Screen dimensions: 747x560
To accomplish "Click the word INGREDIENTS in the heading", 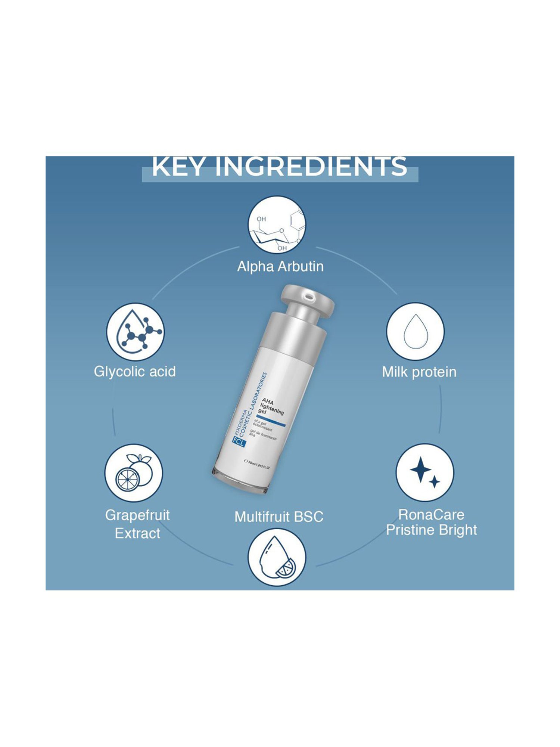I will [x=311, y=167].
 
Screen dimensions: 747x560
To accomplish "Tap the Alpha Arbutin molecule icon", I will [x=277, y=224].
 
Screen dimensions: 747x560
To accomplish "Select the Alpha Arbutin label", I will [x=280, y=267].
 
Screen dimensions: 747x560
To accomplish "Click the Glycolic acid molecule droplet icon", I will [x=136, y=332].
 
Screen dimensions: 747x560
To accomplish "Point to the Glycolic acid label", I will [x=135, y=372].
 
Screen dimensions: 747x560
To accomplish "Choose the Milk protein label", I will [x=419, y=372].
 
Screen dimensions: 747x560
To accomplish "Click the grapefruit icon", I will [x=134, y=473].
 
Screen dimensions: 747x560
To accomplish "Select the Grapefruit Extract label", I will [x=137, y=524].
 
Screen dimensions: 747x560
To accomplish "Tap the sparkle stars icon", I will [x=425, y=473].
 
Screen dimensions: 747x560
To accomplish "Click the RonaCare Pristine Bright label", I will [x=431, y=522].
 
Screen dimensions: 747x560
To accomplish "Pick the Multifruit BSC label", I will [x=279, y=517].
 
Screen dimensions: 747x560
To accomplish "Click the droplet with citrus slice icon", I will [x=277, y=557].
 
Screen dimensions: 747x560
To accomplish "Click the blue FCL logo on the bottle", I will [x=238, y=442].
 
